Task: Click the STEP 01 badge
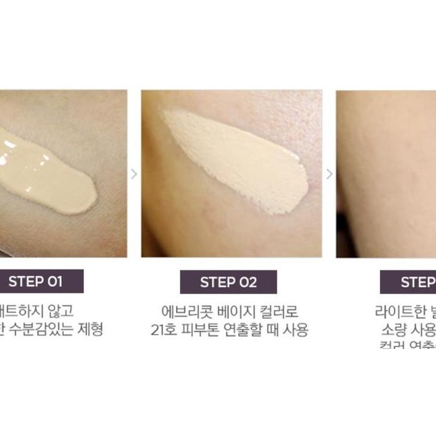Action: point(35,281)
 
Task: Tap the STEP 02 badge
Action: point(228,282)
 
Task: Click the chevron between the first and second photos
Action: point(134,173)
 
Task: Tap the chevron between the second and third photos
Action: point(329,173)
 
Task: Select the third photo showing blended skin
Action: point(386,173)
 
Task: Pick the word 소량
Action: point(393,330)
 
